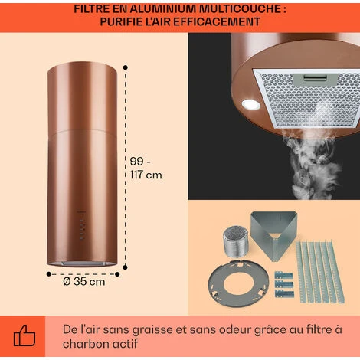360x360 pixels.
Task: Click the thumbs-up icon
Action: click(25, 335)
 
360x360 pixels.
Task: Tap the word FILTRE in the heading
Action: click(97, 10)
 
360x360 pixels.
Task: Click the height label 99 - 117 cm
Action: click(144, 169)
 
